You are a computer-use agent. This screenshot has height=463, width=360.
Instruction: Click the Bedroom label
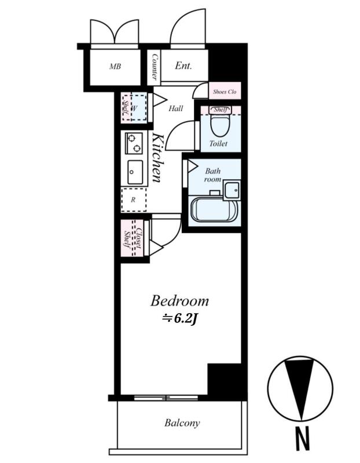[179, 301]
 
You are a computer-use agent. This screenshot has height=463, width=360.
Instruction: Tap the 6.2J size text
[179, 319]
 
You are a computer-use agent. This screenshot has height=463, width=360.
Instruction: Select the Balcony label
[182, 423]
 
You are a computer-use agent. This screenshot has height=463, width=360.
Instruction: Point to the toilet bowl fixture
[221, 124]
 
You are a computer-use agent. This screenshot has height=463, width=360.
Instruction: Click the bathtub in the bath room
[214, 210]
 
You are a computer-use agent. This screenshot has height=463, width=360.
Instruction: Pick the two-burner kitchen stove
[134, 143]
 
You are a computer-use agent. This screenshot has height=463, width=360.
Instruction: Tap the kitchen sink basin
[135, 172]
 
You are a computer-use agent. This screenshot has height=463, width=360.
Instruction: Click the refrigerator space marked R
[134, 200]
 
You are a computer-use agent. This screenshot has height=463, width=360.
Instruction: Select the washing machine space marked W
[138, 108]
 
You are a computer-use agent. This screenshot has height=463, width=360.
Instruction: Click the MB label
[115, 67]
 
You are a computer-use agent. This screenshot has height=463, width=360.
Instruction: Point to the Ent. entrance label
[183, 65]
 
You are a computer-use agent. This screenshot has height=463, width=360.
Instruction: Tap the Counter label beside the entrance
[155, 67]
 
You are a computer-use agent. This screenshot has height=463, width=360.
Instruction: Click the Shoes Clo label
[225, 91]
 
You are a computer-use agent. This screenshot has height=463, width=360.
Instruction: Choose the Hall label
[176, 109]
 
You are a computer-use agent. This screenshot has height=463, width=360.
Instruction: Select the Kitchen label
[157, 157]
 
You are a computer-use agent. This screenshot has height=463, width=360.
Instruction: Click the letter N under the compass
[303, 439]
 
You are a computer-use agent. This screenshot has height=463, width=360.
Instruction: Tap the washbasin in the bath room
[232, 190]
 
